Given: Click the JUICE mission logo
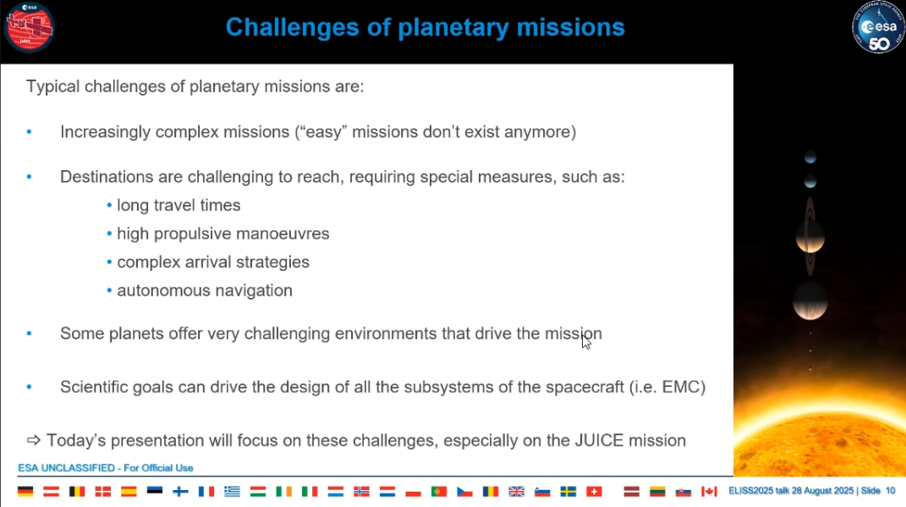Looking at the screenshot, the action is pyautogui.click(x=29, y=27).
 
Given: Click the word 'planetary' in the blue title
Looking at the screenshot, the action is pyautogui.click(x=453, y=28).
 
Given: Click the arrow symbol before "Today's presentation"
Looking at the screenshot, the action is pyautogui.click(x=34, y=440).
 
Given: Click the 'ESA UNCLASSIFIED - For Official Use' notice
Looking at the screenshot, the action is pyautogui.click(x=106, y=468).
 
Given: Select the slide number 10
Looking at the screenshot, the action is pyautogui.click(x=890, y=491).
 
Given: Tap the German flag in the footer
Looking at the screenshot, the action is pyautogui.click(x=25, y=492).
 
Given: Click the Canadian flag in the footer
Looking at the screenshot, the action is pyautogui.click(x=709, y=492).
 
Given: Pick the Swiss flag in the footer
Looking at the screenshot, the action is pyautogui.click(x=594, y=492).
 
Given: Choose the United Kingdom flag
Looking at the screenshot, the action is pyautogui.click(x=517, y=492).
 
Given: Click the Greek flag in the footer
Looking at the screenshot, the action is pyautogui.click(x=233, y=492).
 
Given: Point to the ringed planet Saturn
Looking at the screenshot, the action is pyautogui.click(x=810, y=236).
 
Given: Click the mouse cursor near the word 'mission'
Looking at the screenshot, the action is pyautogui.click(x=586, y=341).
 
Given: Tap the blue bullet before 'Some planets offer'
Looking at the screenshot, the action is pyautogui.click(x=30, y=333).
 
